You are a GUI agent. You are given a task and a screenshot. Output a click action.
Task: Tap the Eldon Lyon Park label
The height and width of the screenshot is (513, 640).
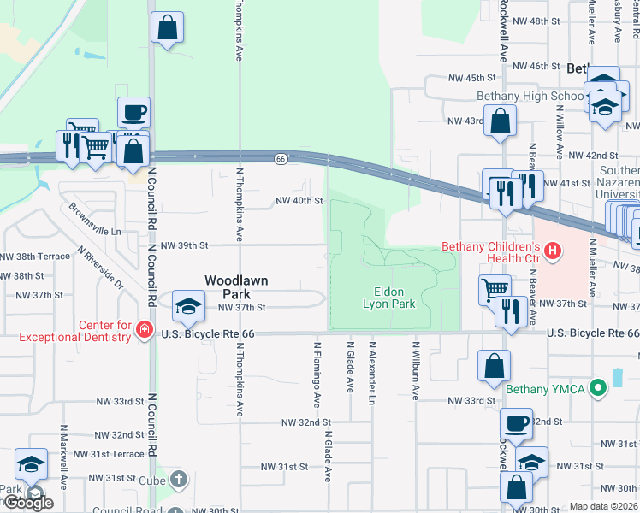[388, 298]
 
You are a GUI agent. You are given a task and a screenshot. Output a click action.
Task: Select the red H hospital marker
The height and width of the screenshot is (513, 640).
[554, 251]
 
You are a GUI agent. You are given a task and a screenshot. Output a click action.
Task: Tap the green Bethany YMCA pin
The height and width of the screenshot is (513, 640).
[599, 389]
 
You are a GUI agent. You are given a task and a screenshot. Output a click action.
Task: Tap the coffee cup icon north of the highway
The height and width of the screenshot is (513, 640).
[133, 112]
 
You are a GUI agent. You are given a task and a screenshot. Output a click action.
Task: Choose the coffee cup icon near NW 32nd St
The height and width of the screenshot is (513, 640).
[517, 423]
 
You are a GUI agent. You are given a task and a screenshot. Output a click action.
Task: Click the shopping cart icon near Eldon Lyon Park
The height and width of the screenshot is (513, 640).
[495, 289]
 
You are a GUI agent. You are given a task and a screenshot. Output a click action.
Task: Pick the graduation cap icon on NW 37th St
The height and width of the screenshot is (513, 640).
[188, 304]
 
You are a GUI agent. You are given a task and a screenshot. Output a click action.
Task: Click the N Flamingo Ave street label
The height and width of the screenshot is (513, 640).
[316, 377]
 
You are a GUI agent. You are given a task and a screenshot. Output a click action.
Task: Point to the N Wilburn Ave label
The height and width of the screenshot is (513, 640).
[415, 371]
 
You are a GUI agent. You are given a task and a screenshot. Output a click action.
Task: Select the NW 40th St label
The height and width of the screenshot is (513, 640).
[298, 201]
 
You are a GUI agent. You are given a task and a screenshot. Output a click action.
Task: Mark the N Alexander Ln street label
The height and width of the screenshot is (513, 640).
[372, 369]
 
